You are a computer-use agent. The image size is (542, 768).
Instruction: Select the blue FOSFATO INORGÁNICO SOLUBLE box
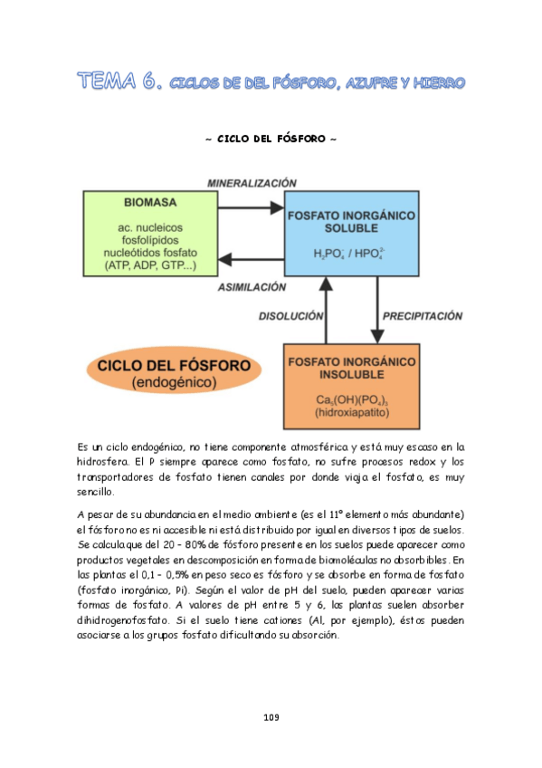pos(351,234)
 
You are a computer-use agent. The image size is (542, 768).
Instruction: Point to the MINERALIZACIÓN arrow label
pos(252,181)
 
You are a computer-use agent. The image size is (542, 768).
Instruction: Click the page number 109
pos(271,717)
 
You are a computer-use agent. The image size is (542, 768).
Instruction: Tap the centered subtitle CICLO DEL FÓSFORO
pos(271,139)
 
